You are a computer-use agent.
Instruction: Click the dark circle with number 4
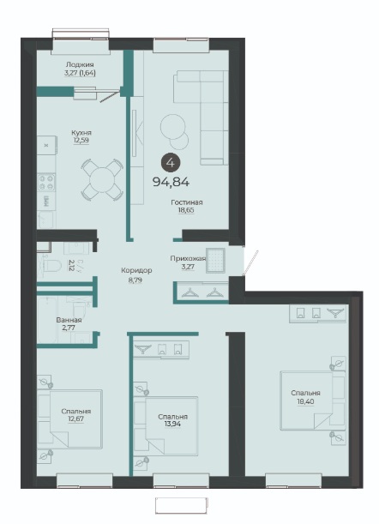[171, 163]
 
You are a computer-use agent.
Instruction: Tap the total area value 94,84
[171, 182]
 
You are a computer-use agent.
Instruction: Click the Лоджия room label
[80, 64]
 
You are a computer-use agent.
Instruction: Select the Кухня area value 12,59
[81, 141]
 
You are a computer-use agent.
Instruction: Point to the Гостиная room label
[186, 202]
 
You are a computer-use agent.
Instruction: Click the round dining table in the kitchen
[102, 180]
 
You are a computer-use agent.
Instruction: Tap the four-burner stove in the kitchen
[46, 183]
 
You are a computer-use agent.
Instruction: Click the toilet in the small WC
[53, 266]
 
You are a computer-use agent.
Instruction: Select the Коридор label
[136, 270]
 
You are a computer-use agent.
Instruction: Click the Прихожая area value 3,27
[188, 267]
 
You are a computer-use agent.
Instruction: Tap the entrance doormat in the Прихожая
[216, 261]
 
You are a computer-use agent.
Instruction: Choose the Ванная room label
[69, 320]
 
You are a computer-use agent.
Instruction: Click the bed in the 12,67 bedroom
[76, 419]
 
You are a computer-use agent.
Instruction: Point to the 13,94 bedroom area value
[172, 424]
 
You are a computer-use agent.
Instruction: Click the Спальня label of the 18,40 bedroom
[305, 393]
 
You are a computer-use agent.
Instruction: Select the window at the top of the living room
[182, 45]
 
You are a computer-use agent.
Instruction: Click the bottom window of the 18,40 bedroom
[294, 481]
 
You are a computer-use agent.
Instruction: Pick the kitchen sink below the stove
[45, 220]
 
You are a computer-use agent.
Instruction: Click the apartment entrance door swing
[250, 263]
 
